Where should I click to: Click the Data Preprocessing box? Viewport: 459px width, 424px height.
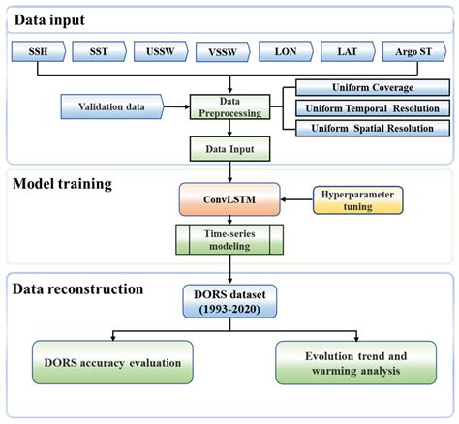tap(229, 105)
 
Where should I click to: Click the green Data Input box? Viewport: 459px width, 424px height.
tap(229, 148)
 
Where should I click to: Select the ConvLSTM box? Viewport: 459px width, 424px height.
tap(229, 200)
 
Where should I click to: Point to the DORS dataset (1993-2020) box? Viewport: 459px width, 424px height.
tap(229, 303)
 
